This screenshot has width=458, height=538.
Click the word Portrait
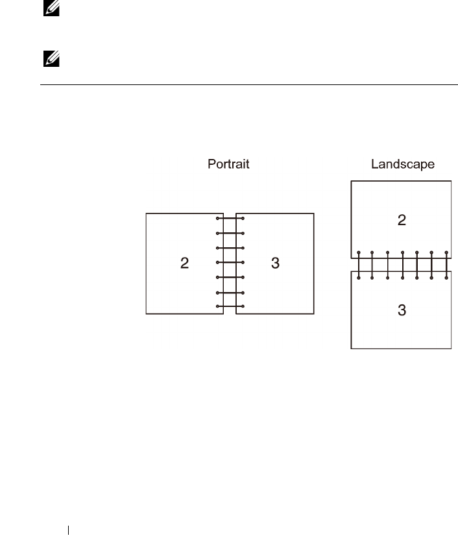tap(228, 165)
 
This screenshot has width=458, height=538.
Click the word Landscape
tap(402, 165)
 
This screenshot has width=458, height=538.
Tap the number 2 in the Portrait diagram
tap(185, 263)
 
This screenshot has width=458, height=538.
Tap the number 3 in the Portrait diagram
tap(275, 263)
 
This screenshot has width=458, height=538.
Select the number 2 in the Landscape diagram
tap(402, 220)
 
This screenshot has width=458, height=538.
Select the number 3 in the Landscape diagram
tap(402, 310)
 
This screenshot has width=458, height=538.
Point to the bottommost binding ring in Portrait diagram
tap(230, 306)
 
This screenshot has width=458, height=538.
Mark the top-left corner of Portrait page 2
tap(147, 213)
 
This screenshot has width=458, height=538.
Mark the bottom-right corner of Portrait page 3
tap(314, 314)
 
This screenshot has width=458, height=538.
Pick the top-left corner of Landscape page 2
tap(351, 182)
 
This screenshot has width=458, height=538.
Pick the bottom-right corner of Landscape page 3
tap(451, 348)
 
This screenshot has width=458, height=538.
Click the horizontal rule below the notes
tap(246, 85)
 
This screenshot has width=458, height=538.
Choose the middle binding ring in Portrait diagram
tap(230, 263)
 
